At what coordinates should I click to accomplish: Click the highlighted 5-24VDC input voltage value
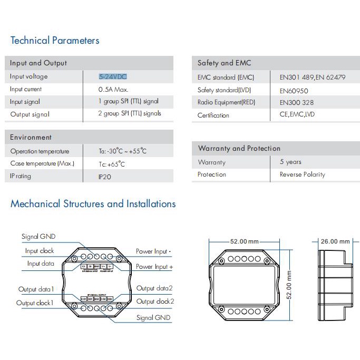coord(113,76)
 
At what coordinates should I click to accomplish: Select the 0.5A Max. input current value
coord(113,90)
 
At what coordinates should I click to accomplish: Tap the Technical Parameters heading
coord(55,41)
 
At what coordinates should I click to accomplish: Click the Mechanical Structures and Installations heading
coord(93,204)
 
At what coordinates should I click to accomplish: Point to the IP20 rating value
coord(105,177)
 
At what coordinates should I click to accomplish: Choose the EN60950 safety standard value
coord(294,91)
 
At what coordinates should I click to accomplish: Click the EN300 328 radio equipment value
coord(296,103)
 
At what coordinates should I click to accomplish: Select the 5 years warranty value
coord(290,162)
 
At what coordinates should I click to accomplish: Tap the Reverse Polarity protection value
coord(302,174)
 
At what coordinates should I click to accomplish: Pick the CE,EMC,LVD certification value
coord(297,114)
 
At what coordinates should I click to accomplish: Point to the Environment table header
coord(31,137)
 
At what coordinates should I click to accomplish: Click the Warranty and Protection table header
coord(239,148)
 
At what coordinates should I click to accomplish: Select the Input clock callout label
coord(40,251)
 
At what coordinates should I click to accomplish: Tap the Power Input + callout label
coord(154,267)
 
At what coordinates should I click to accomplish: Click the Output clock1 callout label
coord(35,303)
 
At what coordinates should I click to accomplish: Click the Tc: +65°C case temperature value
coord(112,164)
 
